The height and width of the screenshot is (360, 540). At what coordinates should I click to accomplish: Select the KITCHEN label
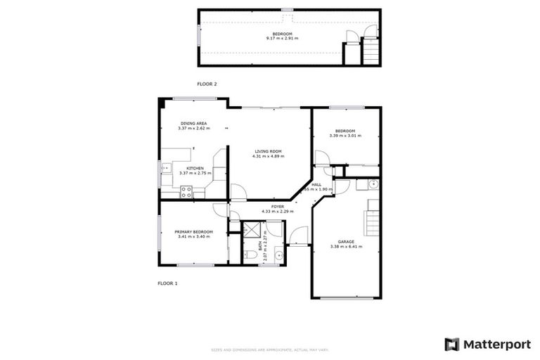[x=195, y=168]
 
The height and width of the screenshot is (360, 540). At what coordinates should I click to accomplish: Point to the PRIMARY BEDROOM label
[x=193, y=231]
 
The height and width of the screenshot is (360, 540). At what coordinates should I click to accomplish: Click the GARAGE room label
[x=347, y=242]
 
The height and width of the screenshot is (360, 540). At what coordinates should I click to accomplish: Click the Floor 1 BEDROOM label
[x=345, y=131]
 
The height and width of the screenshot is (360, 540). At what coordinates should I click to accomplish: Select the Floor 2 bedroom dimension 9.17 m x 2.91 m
[x=282, y=39]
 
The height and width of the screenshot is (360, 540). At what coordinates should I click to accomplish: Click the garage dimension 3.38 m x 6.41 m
[x=347, y=247]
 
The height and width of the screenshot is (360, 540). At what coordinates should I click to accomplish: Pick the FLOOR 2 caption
[x=207, y=84]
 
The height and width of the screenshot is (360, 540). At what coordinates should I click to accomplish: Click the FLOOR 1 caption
[x=167, y=283]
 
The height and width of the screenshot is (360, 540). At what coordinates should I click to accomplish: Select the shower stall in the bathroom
[x=251, y=229]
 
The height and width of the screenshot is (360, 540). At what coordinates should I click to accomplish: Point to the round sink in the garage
[x=373, y=185]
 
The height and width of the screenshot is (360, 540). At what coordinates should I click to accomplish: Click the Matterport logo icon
[x=452, y=345]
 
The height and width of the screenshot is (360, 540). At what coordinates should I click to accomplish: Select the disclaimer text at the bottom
[x=270, y=349]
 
